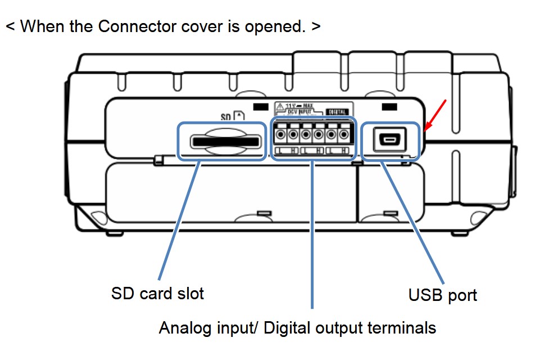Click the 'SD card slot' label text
click(157, 294)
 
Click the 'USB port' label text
click(442, 295)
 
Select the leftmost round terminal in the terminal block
click(280, 136)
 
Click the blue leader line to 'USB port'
click(413, 219)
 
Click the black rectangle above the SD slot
click(261, 106)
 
